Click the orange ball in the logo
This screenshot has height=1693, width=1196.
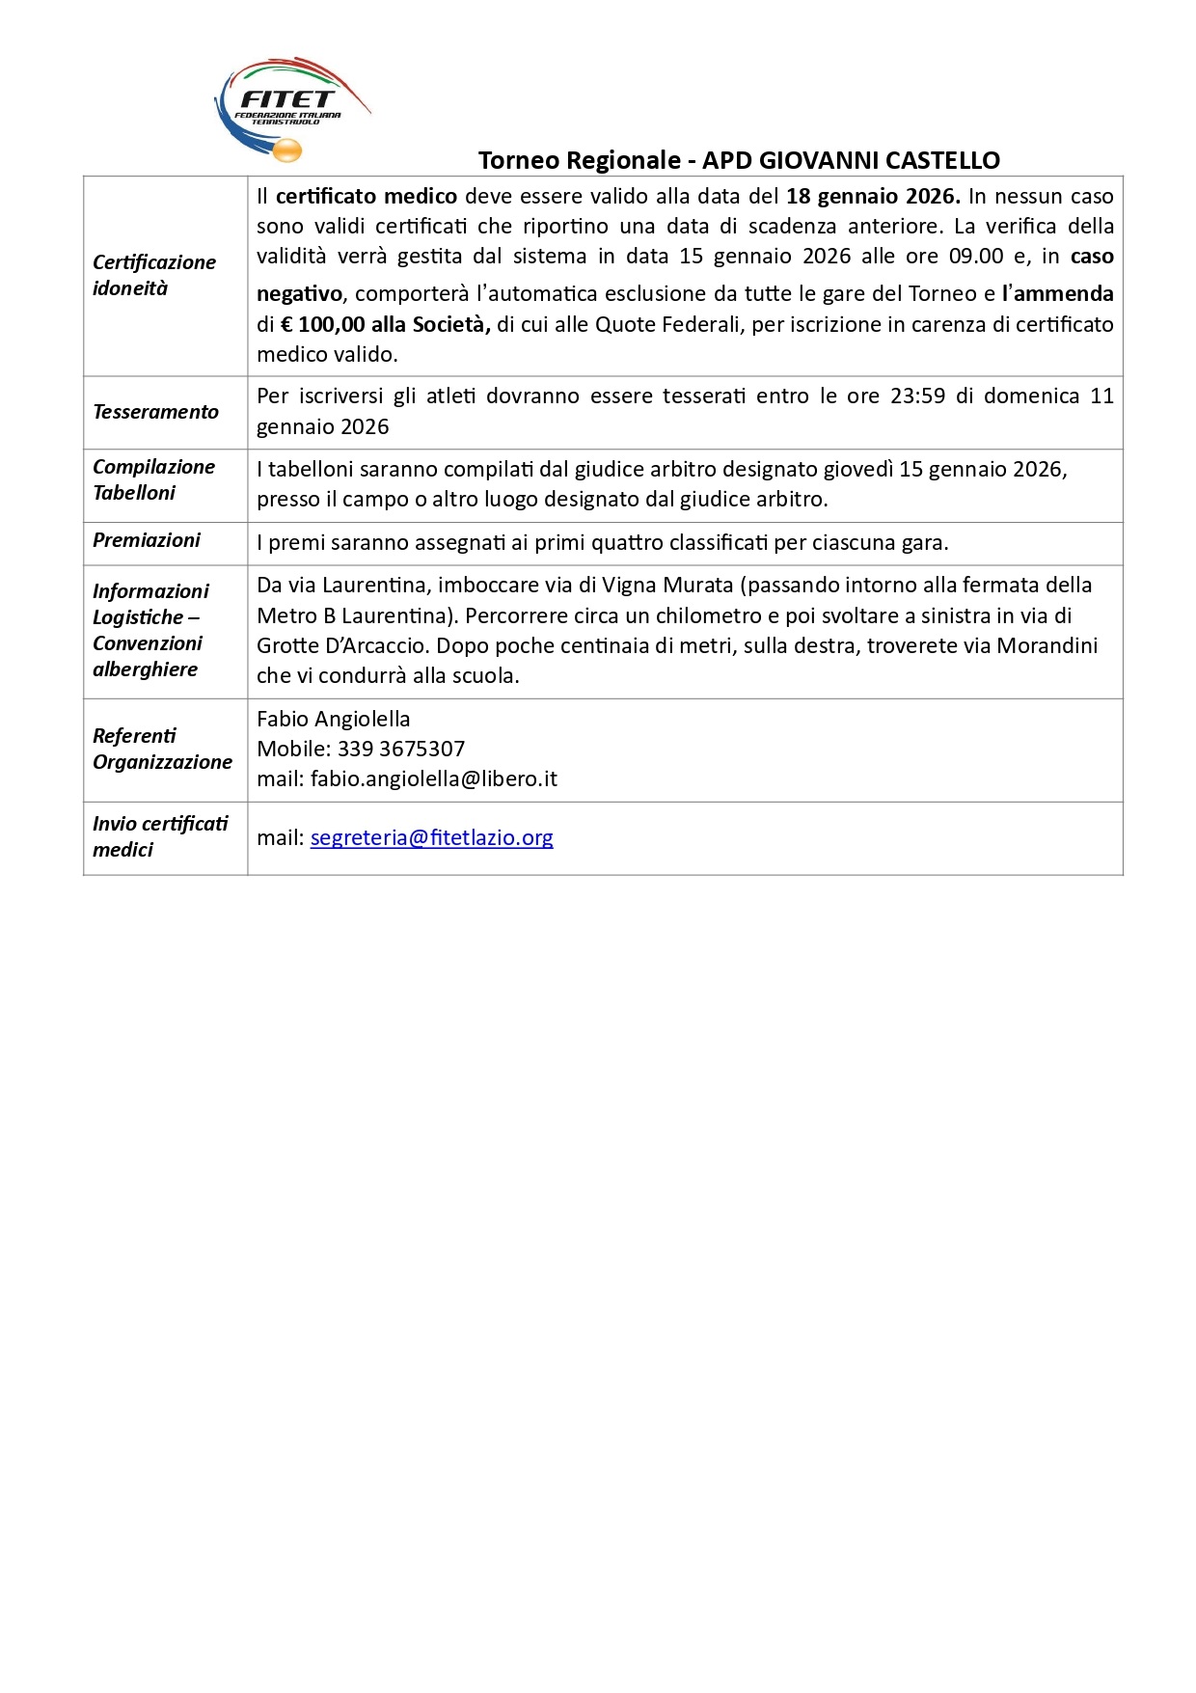(287, 150)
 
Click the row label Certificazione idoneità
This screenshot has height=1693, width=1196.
(153, 275)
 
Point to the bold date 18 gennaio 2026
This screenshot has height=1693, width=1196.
(872, 196)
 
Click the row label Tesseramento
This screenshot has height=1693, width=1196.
(155, 412)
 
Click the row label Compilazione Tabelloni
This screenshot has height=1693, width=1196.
(153, 479)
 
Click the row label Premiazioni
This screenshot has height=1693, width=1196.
(147, 540)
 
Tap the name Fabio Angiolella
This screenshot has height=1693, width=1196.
(333, 719)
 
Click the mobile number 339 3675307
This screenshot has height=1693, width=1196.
(400, 749)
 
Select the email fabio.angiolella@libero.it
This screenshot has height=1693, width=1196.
(434, 778)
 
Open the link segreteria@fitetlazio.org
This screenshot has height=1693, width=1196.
(431, 837)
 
